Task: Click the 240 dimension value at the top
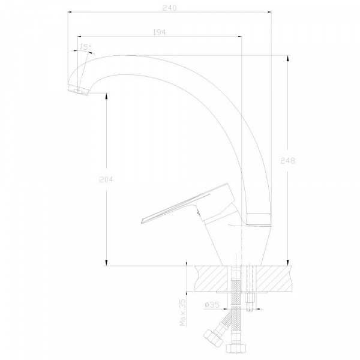click(x=170, y=8)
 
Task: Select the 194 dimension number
click(x=159, y=32)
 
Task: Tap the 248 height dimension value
click(x=287, y=161)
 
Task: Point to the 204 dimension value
click(x=106, y=179)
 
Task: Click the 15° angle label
click(x=85, y=47)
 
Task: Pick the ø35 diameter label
click(x=212, y=305)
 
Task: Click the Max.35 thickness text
click(x=183, y=313)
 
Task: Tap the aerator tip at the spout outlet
click(x=78, y=91)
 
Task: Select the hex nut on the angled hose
click(x=213, y=337)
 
